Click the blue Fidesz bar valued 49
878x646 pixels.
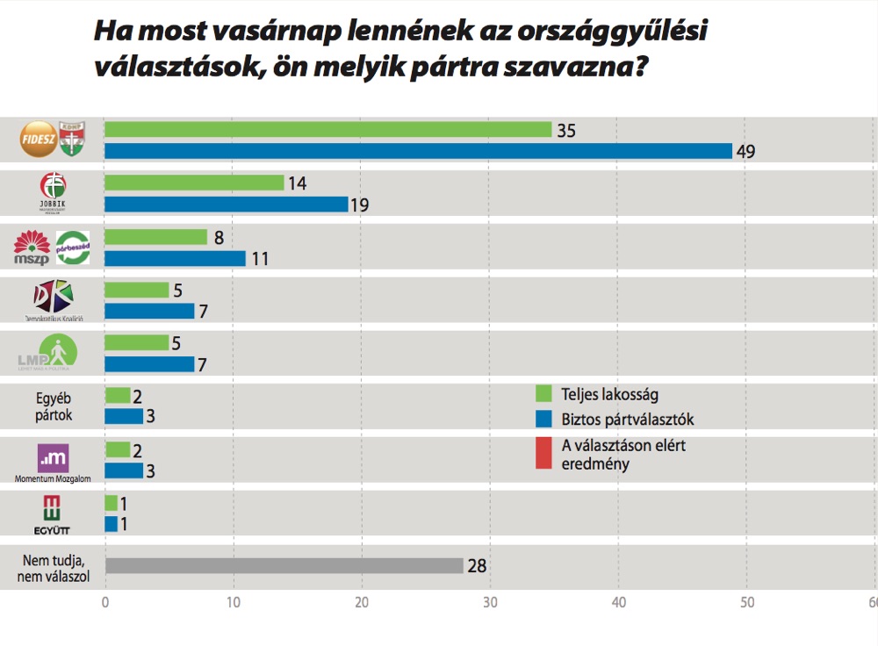click(x=418, y=151)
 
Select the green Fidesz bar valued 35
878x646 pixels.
click(x=327, y=129)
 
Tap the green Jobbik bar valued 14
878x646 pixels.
click(x=194, y=183)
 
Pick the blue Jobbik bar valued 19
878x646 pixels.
click(x=227, y=205)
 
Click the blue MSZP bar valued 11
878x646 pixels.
click(x=175, y=259)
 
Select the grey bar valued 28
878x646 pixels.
click(x=284, y=566)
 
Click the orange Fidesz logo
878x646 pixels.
click(x=38, y=140)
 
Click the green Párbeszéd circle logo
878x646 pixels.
click(x=72, y=248)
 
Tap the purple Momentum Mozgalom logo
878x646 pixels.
click(x=53, y=457)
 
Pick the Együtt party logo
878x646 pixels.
click(x=53, y=513)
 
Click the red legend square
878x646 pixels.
click(x=543, y=454)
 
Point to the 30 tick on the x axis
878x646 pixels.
click(x=490, y=603)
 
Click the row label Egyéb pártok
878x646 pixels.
click(x=54, y=406)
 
